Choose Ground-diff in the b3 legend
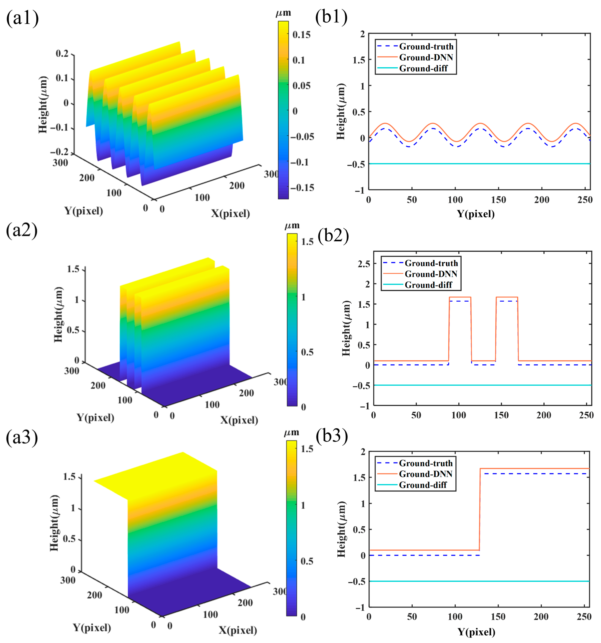tap(423, 485)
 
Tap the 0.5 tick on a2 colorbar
tap(307, 352)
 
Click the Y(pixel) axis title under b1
tap(476, 214)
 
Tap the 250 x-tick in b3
tap(584, 617)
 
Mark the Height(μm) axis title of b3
tap(341, 529)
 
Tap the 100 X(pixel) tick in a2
tap(212, 405)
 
